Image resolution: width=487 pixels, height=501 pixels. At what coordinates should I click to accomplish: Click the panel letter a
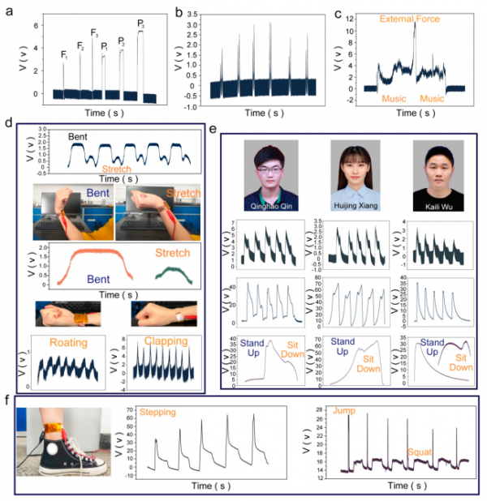pos(7,10)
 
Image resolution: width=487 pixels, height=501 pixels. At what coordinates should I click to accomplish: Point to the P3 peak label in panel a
pos(140,24)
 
